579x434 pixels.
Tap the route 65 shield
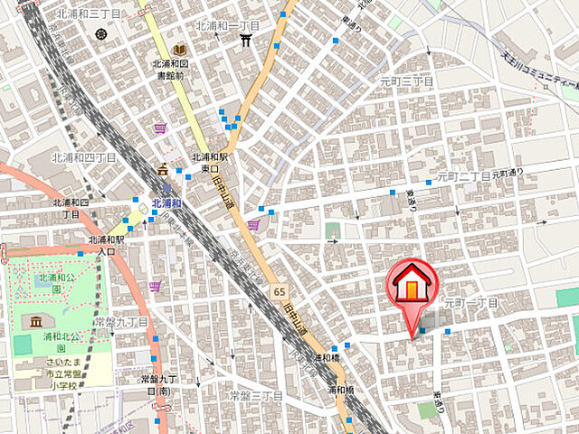[280, 289]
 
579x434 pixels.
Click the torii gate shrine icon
[245, 41]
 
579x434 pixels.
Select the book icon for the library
[180, 49]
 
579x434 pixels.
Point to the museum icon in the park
[35, 323]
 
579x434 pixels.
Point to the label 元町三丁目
[406, 80]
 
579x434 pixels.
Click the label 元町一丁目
[470, 302]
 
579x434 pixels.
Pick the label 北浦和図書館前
[169, 69]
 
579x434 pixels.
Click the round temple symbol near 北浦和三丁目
[100, 34]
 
